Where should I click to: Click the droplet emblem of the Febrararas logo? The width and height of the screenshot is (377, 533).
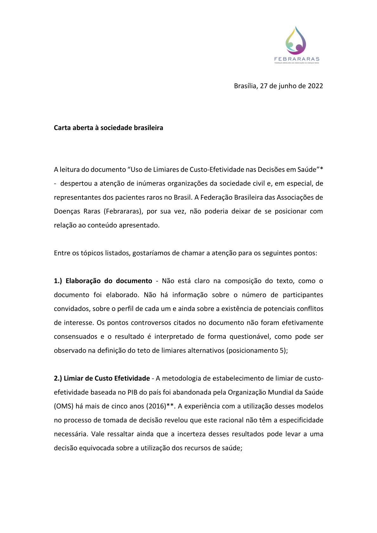(x=296, y=40)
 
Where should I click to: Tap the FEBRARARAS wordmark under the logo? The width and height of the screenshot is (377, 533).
(x=296, y=59)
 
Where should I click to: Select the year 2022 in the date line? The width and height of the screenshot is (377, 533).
(x=315, y=86)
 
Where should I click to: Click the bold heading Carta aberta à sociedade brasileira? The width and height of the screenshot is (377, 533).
(x=108, y=128)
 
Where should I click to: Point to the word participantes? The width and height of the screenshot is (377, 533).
(x=303, y=295)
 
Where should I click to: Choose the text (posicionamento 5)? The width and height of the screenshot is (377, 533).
(x=256, y=351)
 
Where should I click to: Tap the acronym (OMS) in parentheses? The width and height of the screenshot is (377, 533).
(x=63, y=406)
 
